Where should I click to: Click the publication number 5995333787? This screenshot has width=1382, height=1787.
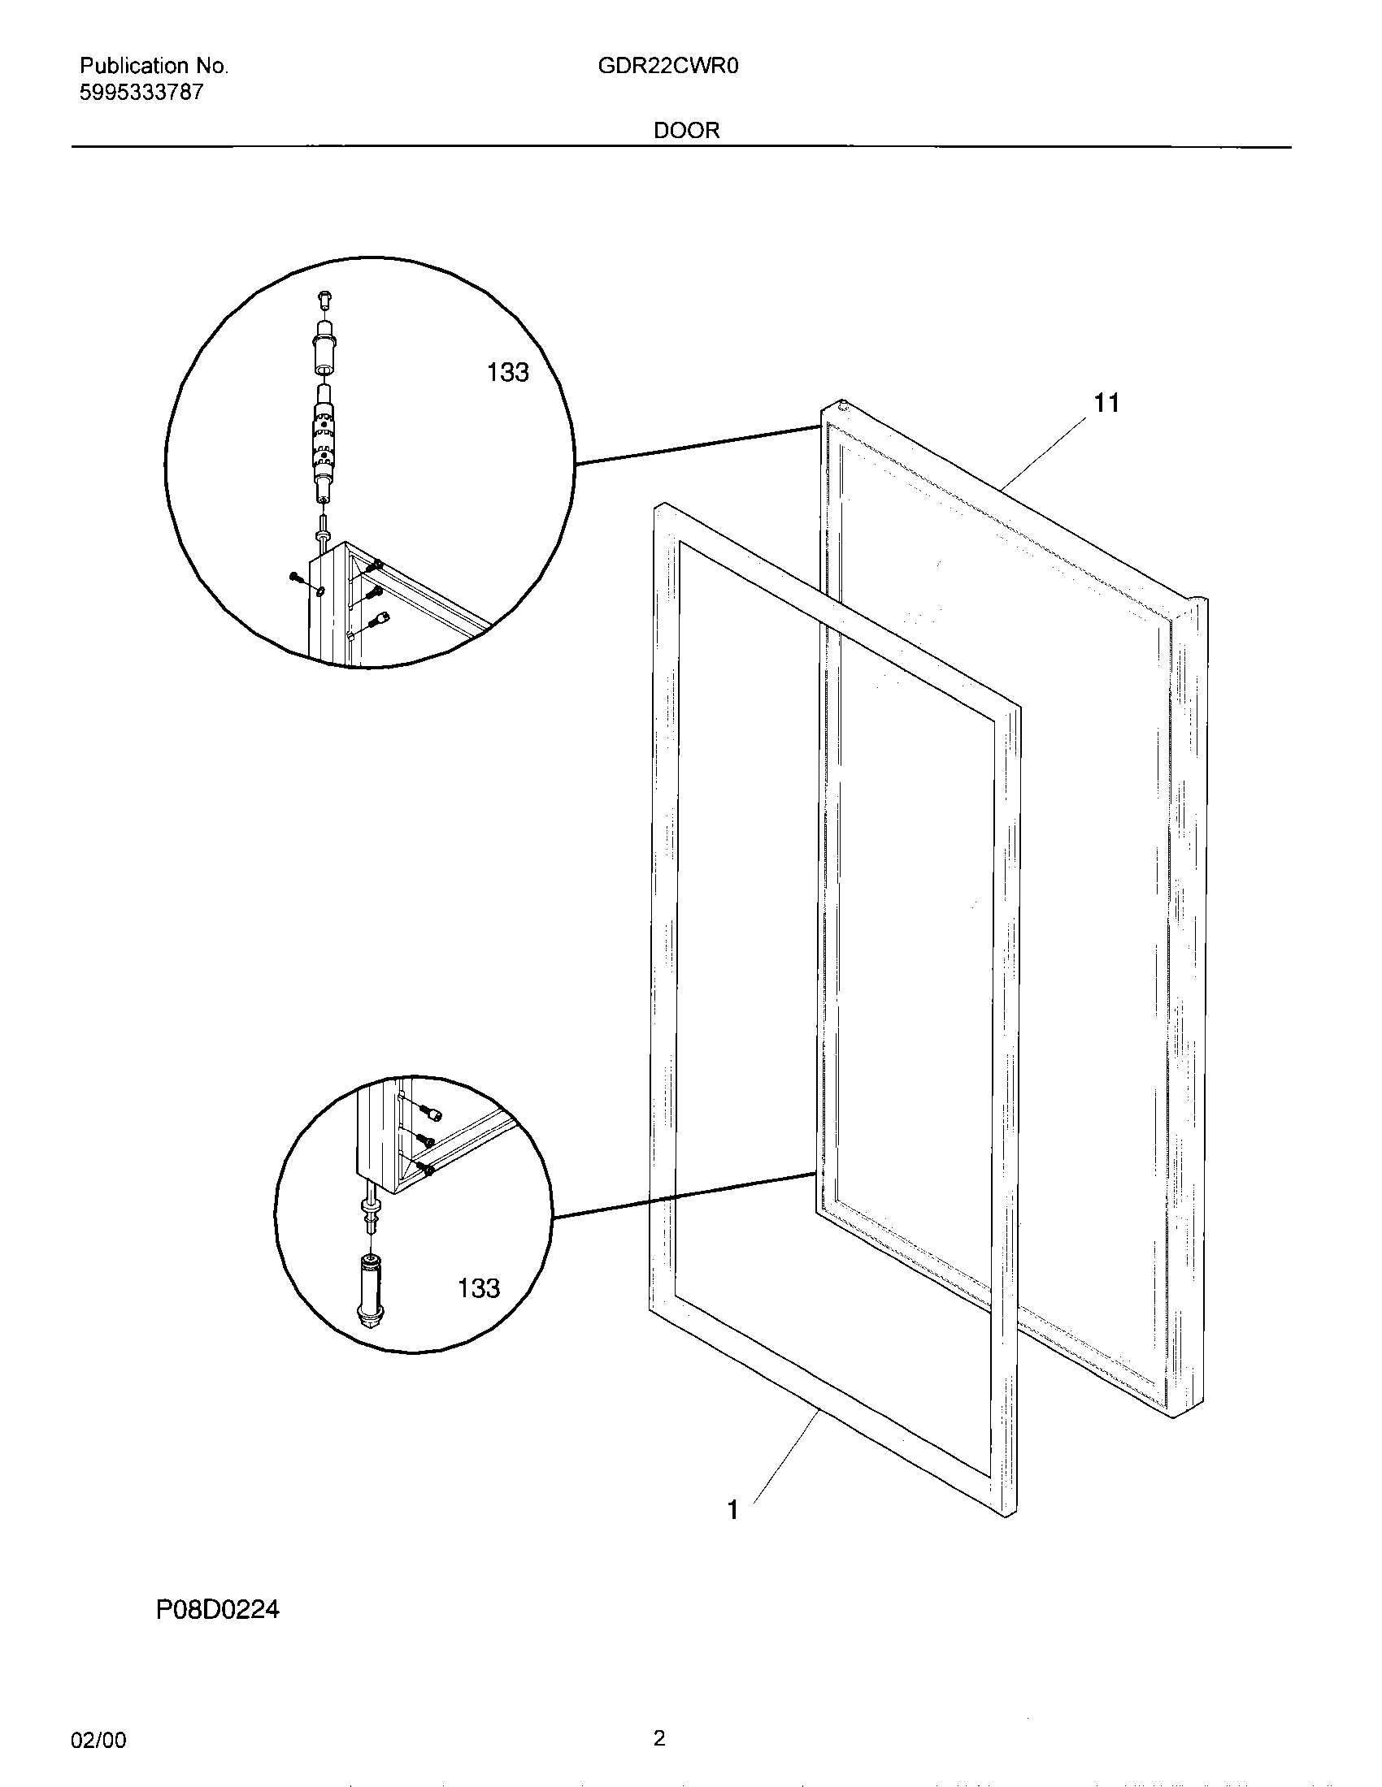click(141, 93)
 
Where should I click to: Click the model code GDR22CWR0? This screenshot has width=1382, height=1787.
click(668, 67)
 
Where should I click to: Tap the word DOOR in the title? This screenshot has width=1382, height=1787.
click(686, 131)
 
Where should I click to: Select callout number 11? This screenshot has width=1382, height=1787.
click(1106, 403)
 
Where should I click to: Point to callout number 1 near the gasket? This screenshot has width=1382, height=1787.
click(732, 1510)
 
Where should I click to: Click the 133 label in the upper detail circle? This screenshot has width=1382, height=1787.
click(507, 373)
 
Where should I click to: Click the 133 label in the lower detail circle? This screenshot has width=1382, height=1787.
click(478, 1289)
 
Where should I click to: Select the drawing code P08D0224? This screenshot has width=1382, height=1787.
click(218, 1610)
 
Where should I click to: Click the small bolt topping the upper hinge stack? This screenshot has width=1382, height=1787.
click(325, 300)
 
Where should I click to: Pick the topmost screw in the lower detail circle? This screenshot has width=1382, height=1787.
click(432, 1113)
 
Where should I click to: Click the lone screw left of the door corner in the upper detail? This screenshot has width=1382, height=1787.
click(298, 579)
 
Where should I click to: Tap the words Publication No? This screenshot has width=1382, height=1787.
click(154, 67)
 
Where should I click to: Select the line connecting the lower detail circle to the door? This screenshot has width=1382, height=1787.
click(684, 1196)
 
